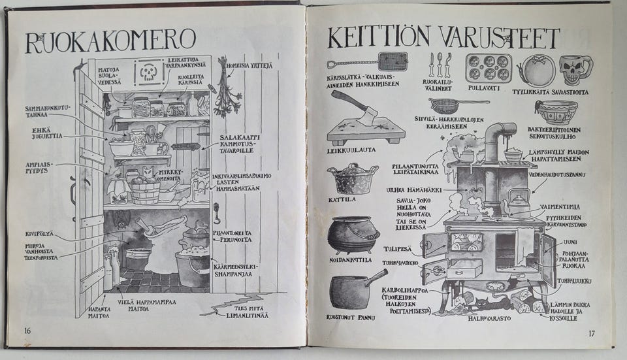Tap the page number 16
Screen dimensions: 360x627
point(27,330)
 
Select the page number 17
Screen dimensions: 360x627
point(591,334)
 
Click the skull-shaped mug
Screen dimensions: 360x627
point(575,69)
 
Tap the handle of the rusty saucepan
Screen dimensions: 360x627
point(376,278)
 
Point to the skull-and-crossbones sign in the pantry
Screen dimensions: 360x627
point(150,73)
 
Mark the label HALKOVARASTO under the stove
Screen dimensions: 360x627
point(488,319)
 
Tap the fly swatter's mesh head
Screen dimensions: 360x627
point(393,61)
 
